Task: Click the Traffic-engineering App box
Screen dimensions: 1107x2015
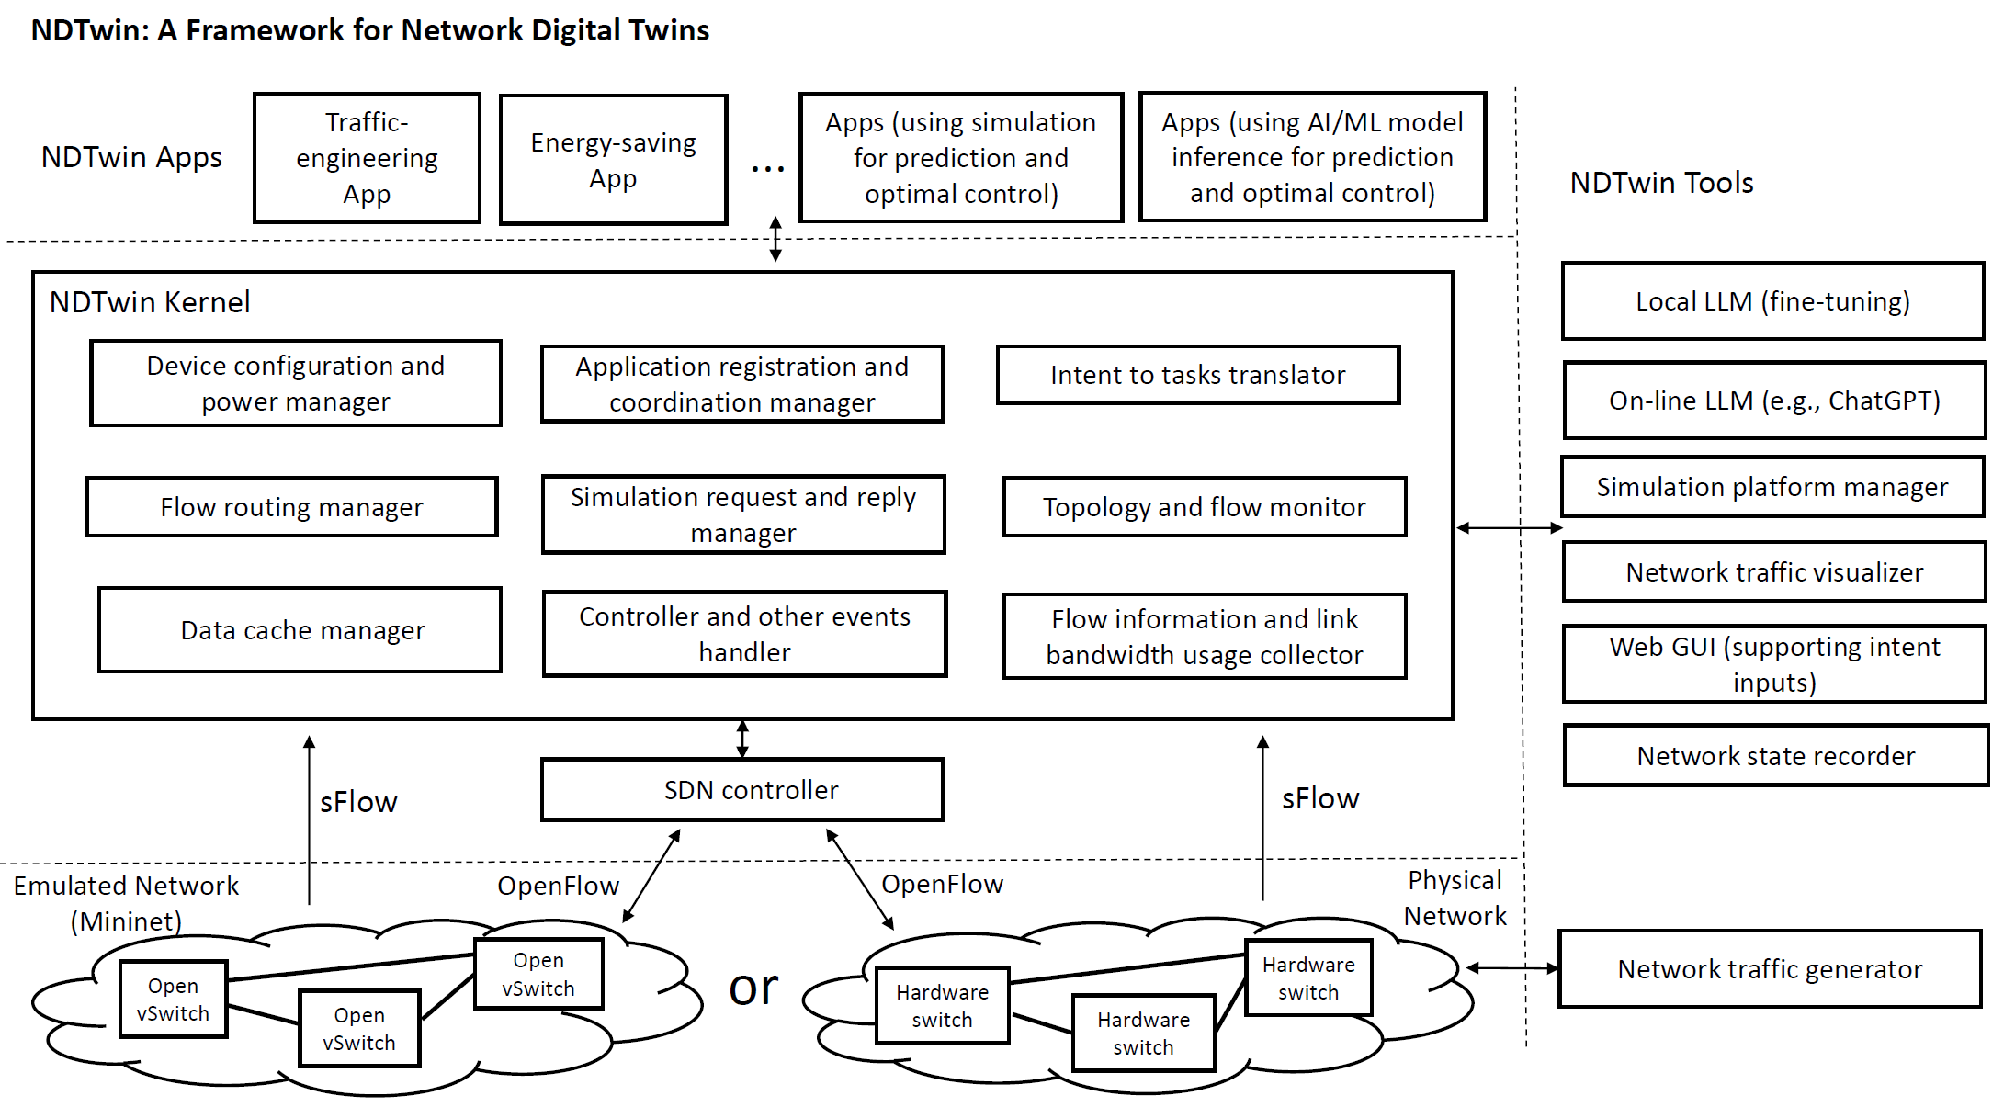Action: pos(367,158)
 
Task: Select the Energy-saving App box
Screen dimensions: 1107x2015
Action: pos(613,160)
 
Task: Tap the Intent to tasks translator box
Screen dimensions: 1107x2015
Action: pos(1197,375)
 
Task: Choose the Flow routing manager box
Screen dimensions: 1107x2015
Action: pos(291,507)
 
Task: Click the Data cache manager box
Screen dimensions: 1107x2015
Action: pos(300,630)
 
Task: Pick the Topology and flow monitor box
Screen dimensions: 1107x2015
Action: pos(1204,507)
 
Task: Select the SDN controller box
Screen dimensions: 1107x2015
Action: pos(741,790)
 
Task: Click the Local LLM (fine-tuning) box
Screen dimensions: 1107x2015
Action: pos(1772,301)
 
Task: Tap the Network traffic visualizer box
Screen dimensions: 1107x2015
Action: pos(1773,572)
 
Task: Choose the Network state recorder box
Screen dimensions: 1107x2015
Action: pos(1775,756)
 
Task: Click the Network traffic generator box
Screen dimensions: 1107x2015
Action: pos(1769,969)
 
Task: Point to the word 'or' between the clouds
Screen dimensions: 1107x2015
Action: pos(753,988)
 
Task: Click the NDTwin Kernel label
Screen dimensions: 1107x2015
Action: pos(150,302)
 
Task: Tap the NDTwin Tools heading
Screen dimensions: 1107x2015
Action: pos(1660,183)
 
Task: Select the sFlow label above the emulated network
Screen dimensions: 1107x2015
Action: pos(358,802)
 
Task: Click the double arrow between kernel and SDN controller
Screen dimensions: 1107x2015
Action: pos(742,740)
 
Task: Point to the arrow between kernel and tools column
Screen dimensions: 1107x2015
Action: pos(1509,528)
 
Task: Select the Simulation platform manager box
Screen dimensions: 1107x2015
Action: pos(1772,487)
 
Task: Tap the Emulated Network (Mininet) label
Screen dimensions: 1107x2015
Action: pos(126,903)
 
